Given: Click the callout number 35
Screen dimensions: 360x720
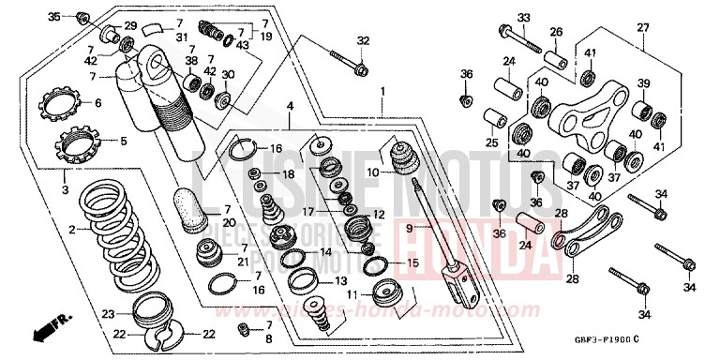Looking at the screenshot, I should [x=53, y=17].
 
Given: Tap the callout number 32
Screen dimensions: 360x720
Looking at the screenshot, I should [x=364, y=40].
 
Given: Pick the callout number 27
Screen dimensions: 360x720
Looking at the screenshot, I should [x=642, y=27].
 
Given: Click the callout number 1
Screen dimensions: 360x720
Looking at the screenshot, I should [x=382, y=92].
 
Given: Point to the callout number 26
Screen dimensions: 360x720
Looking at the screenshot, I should [x=556, y=32].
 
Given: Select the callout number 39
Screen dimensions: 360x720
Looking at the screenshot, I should [x=644, y=84].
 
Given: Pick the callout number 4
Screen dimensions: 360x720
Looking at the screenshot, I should [x=291, y=106].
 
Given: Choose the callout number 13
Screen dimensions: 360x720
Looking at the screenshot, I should [x=340, y=280].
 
